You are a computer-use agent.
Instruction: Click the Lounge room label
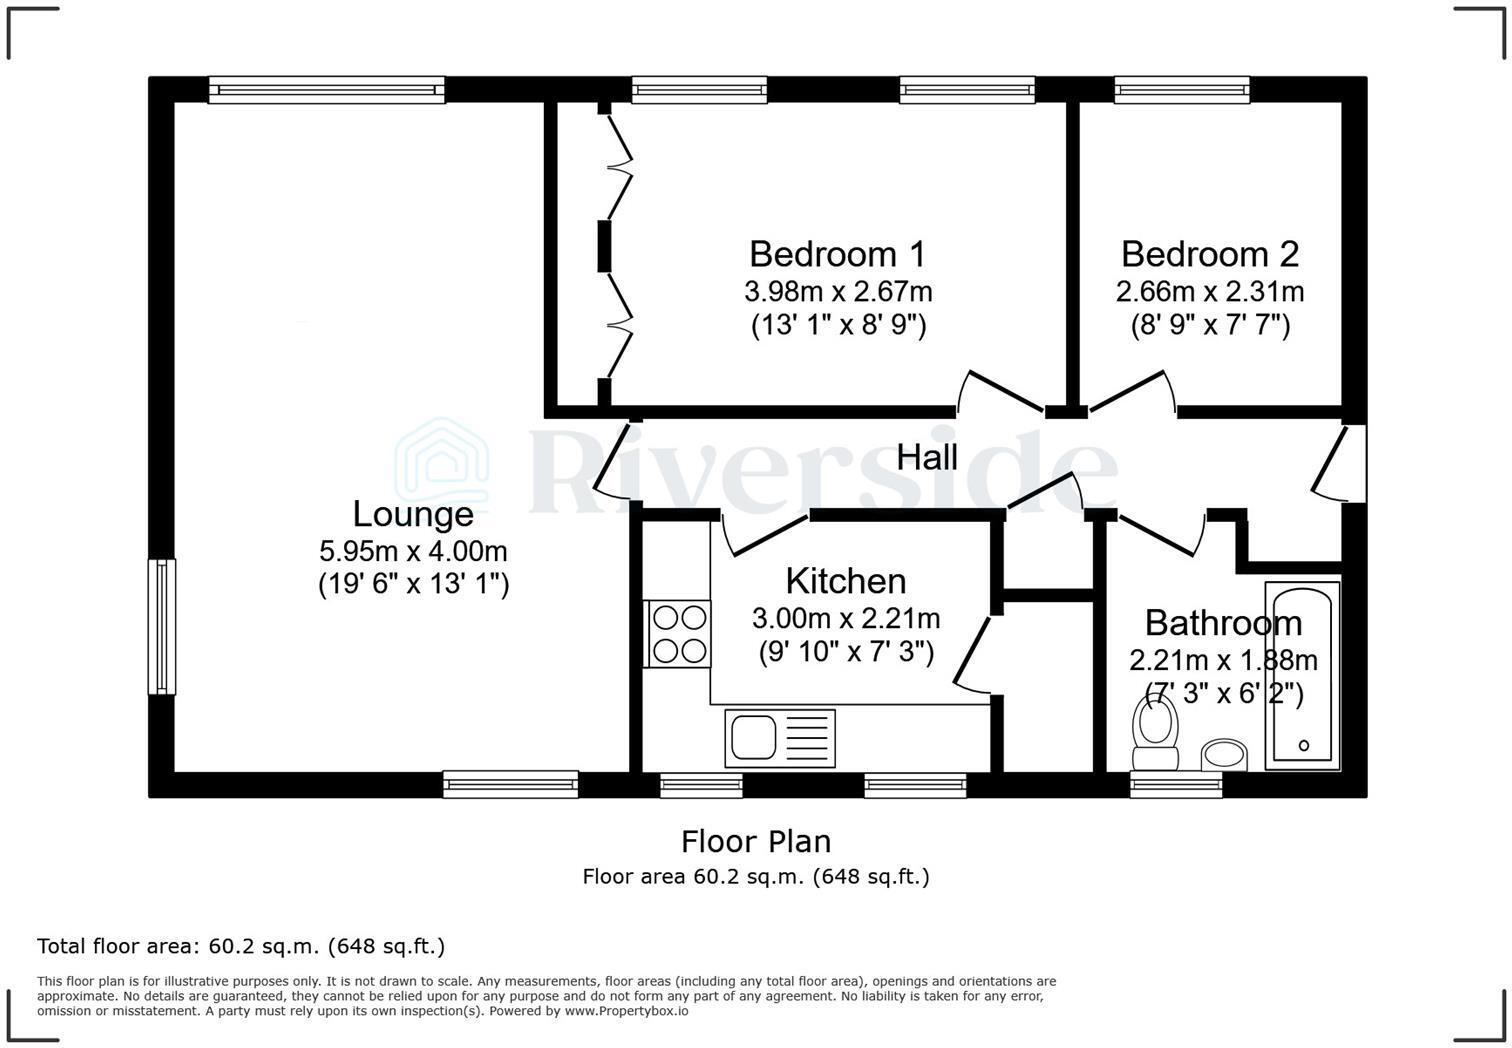pos(413,514)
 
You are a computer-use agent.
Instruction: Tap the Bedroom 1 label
pos(837,254)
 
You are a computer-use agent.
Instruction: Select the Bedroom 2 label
pos(1209,254)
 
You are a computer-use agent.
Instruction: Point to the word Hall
pos(927,458)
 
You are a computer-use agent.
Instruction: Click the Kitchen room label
pos(845,581)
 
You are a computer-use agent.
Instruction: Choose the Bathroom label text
pos(1223,623)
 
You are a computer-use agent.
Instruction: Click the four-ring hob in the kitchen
pos(678,634)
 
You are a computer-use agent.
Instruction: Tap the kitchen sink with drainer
pos(780,738)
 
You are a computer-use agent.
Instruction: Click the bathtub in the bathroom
pos(1302,676)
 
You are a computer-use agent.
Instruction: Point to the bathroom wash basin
pos(1224,755)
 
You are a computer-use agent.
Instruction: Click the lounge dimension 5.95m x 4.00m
pos(413,551)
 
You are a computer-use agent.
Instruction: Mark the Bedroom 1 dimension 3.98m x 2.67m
pos(837,292)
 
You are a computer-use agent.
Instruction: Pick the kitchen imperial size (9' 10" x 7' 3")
pos(845,652)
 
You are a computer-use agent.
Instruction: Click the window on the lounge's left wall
pos(161,626)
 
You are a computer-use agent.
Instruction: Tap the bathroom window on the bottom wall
pos(1176,785)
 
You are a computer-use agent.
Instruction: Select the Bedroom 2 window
pos(1182,90)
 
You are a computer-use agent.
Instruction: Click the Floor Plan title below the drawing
pos(755,841)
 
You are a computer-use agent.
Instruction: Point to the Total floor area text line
pos(241,946)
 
